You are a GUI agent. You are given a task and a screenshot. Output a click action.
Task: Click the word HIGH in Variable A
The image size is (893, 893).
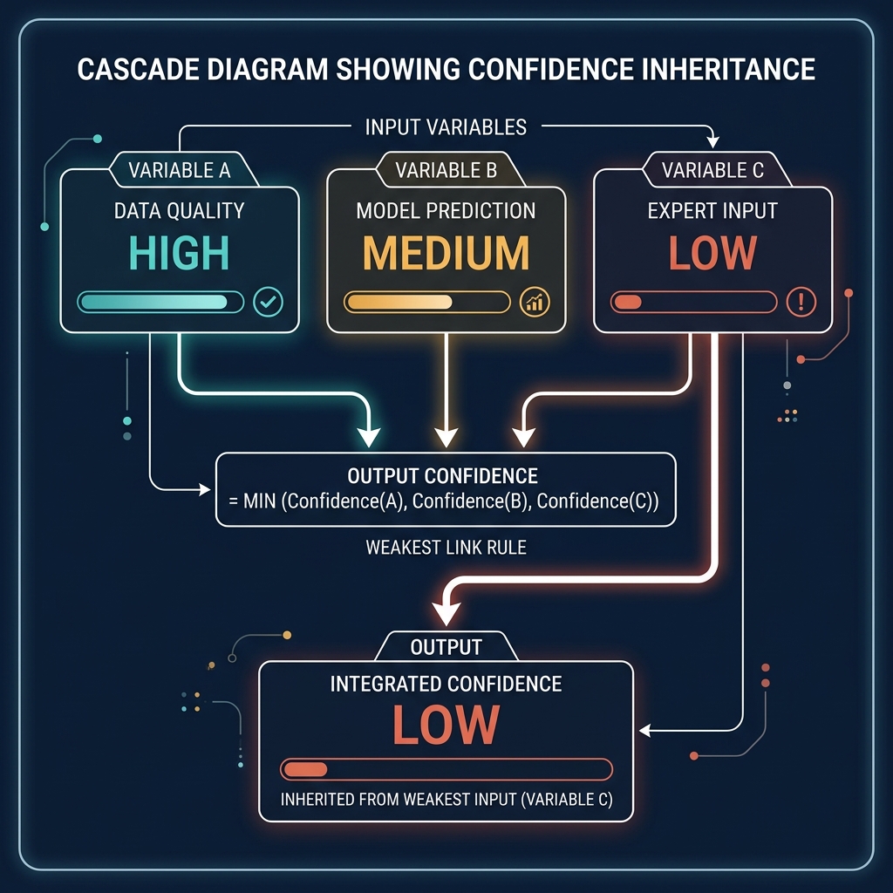click(x=180, y=252)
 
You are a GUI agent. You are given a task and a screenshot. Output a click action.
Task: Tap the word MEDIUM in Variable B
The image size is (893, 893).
click(x=446, y=252)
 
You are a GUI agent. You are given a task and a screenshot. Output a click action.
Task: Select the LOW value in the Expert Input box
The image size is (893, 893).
click(x=712, y=252)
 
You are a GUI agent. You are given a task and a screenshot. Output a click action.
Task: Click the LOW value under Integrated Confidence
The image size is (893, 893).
click(x=446, y=723)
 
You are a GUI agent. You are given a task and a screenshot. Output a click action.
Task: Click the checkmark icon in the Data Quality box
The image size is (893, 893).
click(x=268, y=303)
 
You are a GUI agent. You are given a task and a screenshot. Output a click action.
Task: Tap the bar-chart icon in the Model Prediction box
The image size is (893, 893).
click(x=534, y=303)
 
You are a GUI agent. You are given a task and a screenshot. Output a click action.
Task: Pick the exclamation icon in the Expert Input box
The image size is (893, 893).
click(x=800, y=303)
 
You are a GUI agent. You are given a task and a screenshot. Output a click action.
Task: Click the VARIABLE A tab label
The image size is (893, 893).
click(x=180, y=170)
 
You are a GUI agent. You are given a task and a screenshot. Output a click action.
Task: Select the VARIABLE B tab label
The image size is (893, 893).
click(x=446, y=170)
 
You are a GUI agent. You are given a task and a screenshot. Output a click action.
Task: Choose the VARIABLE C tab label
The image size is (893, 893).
click(x=712, y=170)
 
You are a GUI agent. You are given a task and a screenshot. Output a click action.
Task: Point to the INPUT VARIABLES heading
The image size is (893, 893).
click(x=446, y=127)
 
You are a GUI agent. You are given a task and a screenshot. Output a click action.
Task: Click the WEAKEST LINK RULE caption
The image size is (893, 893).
click(x=446, y=549)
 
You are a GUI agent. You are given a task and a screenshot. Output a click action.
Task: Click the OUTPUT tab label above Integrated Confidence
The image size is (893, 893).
click(x=446, y=647)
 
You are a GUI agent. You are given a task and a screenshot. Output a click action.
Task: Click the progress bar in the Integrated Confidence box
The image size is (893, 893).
click(x=446, y=769)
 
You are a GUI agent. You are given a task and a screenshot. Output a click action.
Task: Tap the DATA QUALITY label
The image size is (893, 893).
click(x=180, y=210)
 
